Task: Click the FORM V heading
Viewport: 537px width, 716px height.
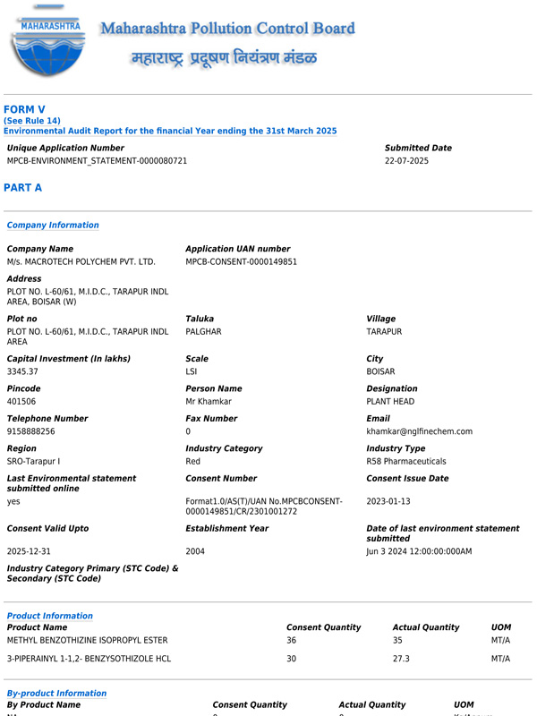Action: pos(24,110)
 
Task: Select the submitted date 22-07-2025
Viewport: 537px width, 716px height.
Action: pos(406,161)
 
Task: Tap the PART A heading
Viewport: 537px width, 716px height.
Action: pos(22,188)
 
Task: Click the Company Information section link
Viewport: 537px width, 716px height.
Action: pos(53,226)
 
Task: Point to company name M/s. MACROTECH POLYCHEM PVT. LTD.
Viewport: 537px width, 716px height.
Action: pos(81,262)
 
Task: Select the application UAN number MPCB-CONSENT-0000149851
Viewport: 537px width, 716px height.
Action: pos(241,262)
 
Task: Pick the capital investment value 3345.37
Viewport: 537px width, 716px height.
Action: pos(22,371)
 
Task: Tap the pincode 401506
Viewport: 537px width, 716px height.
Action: pos(21,402)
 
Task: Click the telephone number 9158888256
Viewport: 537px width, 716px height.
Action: pos(30,431)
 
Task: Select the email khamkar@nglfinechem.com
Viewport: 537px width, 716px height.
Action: pos(419,431)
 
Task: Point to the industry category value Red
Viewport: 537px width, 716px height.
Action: pos(193,462)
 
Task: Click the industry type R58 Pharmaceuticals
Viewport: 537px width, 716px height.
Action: pos(405,462)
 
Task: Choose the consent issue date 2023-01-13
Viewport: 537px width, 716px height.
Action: pos(388,502)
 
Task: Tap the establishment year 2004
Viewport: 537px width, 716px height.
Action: pos(195,551)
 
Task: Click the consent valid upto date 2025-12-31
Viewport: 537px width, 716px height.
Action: pos(29,551)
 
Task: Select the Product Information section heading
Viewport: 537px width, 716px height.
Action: pos(49,616)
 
